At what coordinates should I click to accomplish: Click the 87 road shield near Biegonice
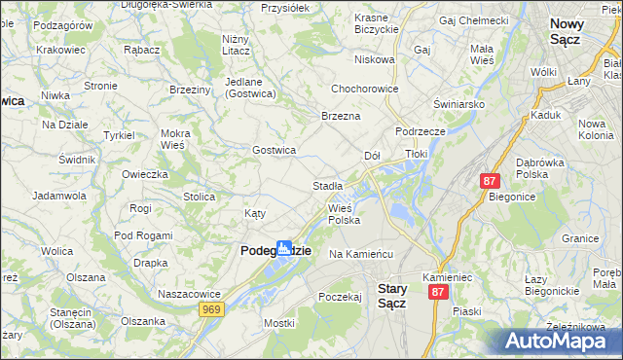point(490,181)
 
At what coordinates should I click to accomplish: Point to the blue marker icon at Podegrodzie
point(283,248)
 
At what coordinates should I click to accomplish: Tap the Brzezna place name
point(341,116)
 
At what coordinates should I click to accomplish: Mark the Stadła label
point(327,185)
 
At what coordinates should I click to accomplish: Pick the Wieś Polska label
point(344,214)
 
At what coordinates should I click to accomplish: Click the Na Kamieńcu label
point(360,254)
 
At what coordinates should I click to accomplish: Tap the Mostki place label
point(278,322)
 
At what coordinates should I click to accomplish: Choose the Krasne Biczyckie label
point(377,23)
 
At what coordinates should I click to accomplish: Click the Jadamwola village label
point(58,196)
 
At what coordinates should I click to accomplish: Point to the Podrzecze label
point(421,131)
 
